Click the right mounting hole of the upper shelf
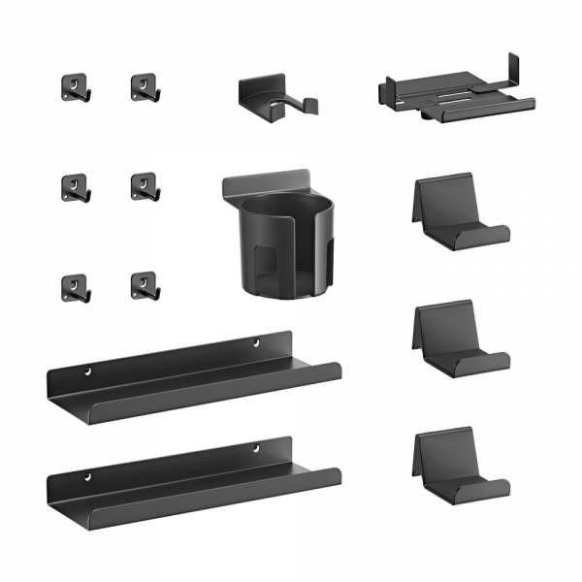tap(258, 342)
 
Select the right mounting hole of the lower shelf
tap(258, 447)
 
